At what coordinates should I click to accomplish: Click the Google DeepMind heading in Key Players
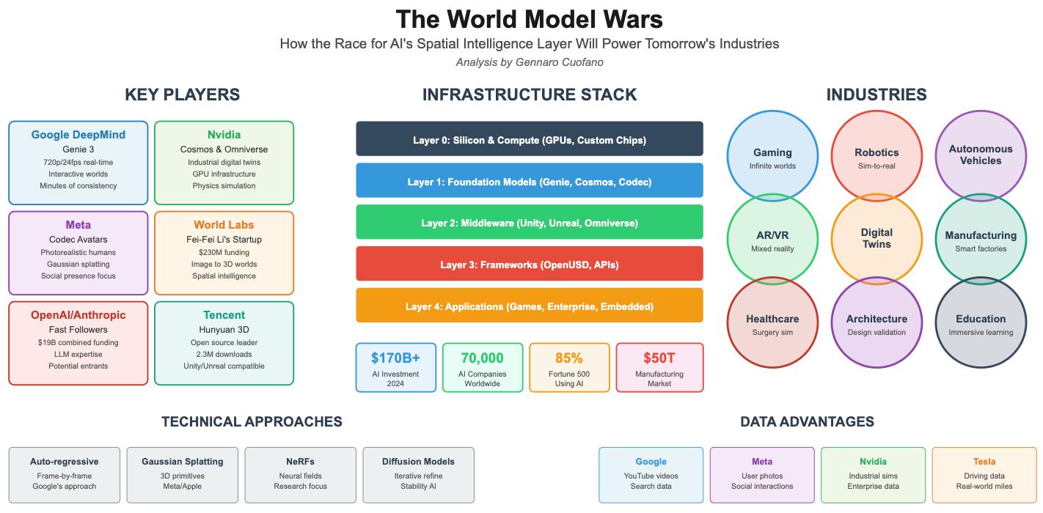[x=78, y=135]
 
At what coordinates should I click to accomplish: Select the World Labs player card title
[x=224, y=225]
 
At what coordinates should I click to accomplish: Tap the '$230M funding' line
[x=224, y=252]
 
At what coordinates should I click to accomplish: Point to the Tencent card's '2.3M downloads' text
[x=224, y=354]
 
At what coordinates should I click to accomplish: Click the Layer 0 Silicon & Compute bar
[x=529, y=139]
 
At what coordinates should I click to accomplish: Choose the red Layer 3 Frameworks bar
[x=529, y=264]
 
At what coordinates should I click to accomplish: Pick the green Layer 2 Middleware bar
[x=529, y=222]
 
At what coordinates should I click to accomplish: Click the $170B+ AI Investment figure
[x=395, y=358]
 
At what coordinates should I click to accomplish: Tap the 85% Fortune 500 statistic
[x=569, y=358]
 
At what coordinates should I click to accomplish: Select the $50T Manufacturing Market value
[x=659, y=358]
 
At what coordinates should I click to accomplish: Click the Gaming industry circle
[x=772, y=156]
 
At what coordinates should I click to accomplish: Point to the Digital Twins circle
[x=877, y=239]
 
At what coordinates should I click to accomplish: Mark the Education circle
[x=981, y=322]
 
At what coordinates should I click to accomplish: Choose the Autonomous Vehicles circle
[x=981, y=155]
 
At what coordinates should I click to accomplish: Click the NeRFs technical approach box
[x=300, y=474]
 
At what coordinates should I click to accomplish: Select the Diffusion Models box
[x=418, y=474]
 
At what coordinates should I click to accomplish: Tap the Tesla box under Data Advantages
[x=984, y=474]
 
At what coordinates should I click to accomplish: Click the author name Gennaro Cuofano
[x=555, y=62]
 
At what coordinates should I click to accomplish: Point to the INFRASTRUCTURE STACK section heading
[x=529, y=95]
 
